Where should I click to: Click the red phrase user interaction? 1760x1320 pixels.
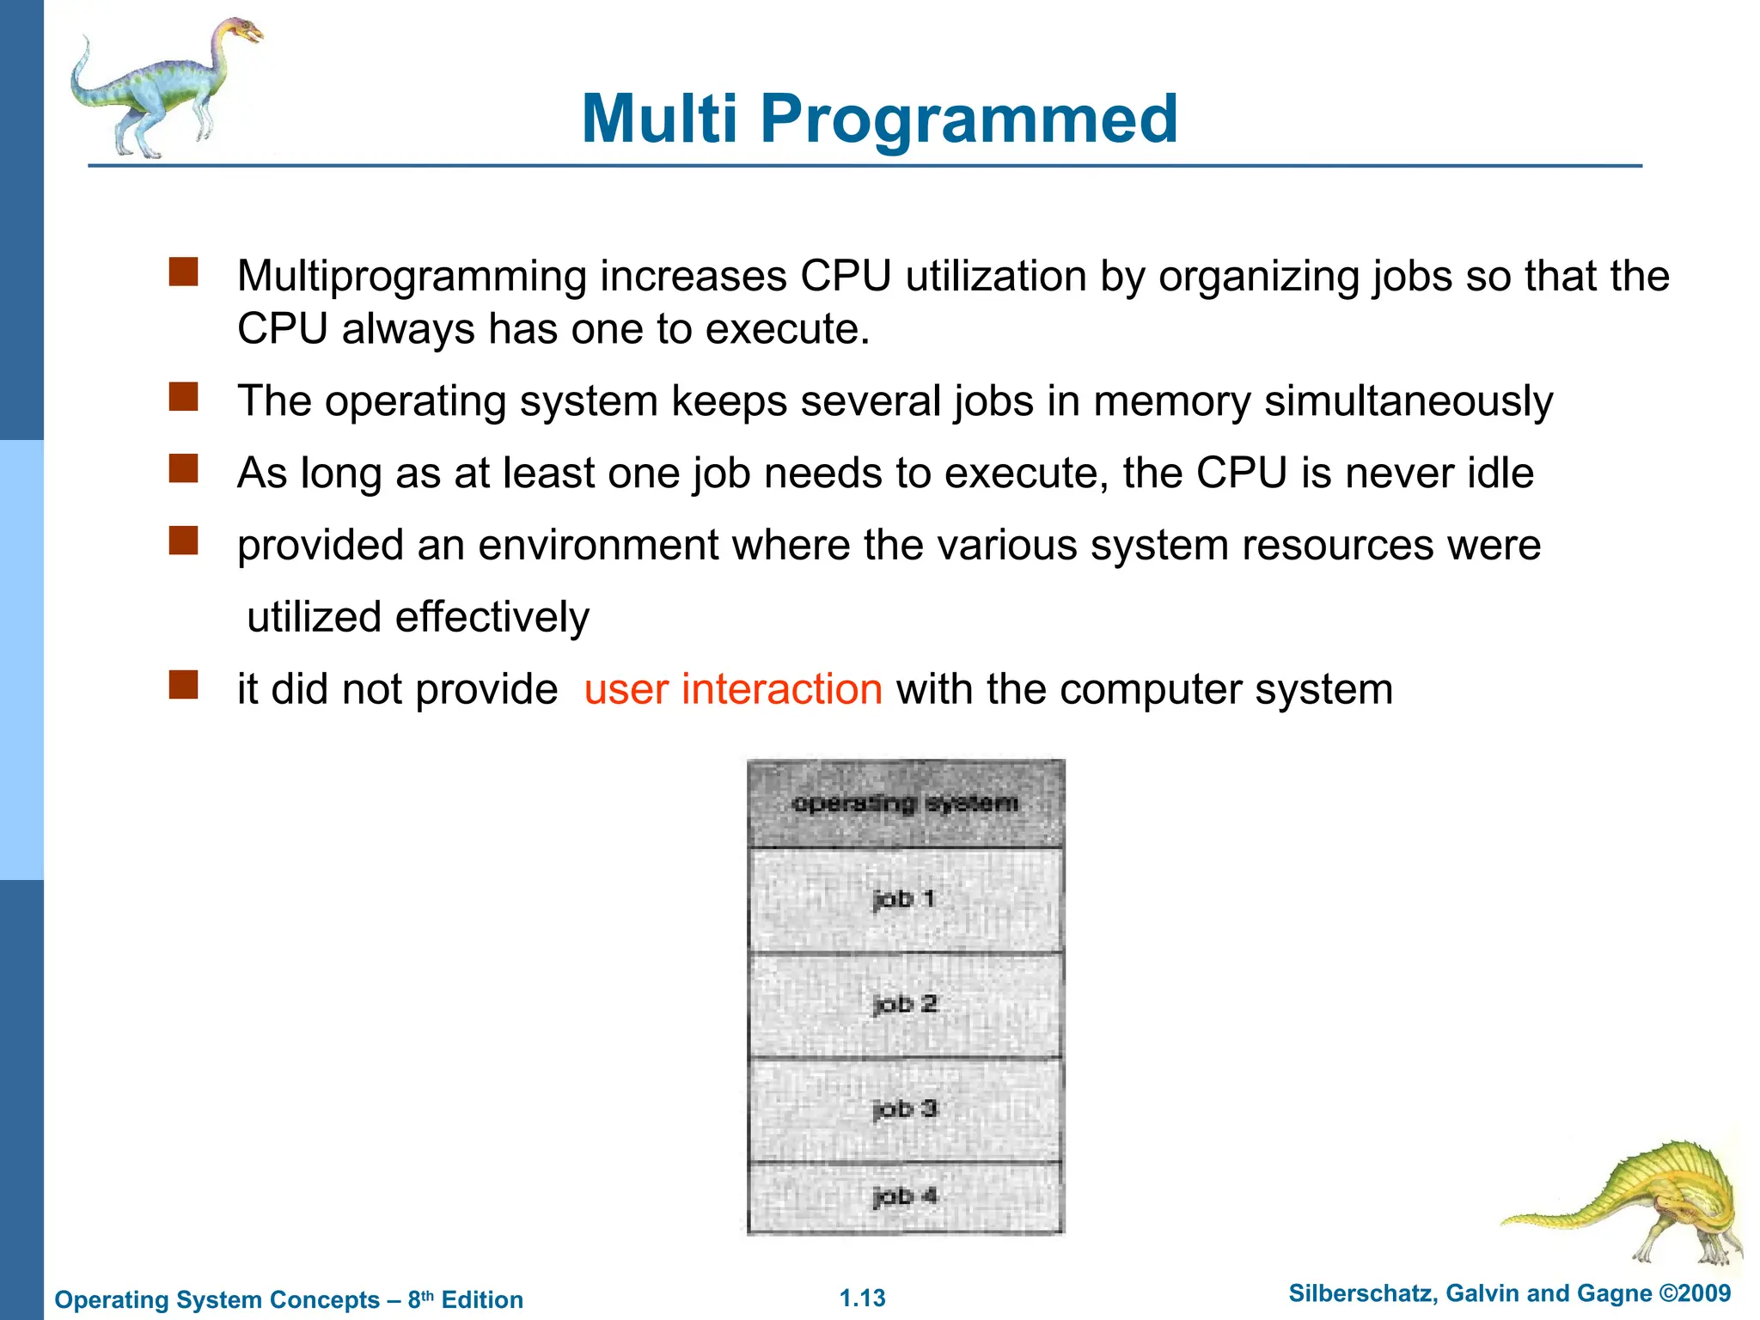click(x=733, y=689)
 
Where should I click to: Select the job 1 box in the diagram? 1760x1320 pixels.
click(x=905, y=900)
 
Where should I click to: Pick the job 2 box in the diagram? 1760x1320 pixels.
click(x=905, y=1005)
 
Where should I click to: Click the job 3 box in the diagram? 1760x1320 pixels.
click(x=905, y=1109)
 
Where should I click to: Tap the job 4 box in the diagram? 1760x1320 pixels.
click(x=905, y=1196)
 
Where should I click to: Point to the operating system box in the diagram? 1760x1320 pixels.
click(x=905, y=804)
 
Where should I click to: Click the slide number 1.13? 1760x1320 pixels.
click(x=862, y=1298)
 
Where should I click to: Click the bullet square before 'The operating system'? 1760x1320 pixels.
click(x=184, y=398)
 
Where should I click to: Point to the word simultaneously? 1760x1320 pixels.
click(x=1409, y=401)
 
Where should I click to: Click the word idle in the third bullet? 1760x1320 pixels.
click(x=1500, y=474)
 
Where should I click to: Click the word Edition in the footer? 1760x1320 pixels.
click(x=482, y=1299)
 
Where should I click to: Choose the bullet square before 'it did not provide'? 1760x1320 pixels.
click(x=184, y=686)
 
